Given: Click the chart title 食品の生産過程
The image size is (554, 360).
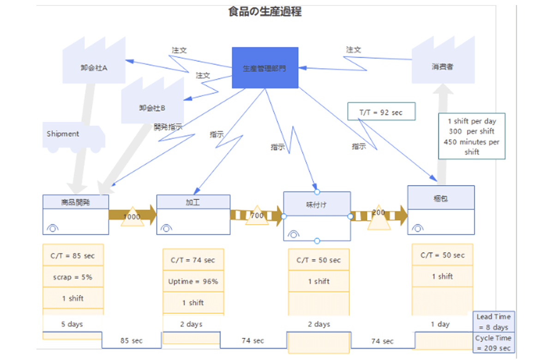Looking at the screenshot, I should tap(265, 12).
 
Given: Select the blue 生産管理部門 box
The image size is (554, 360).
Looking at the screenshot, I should tap(265, 68).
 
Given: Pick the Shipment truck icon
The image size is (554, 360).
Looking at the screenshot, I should tap(73, 136).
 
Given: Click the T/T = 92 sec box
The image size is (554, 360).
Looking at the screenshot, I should tap(381, 112).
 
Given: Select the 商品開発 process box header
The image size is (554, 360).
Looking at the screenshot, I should tap(76, 202).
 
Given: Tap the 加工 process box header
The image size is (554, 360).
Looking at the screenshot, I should tap(193, 202).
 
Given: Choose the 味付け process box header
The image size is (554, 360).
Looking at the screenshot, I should tap(317, 204).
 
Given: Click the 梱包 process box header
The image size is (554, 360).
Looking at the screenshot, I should tap(441, 198).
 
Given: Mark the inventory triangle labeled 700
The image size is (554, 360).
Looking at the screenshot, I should tap(257, 216).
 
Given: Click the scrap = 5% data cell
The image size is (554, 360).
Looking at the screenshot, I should tap(73, 276).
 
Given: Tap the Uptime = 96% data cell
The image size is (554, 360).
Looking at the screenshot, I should tap(193, 281).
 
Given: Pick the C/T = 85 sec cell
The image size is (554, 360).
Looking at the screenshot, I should tap(73, 255).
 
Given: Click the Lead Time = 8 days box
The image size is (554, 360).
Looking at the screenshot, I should tap(494, 322).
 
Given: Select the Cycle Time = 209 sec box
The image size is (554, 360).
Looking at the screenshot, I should tap(494, 343).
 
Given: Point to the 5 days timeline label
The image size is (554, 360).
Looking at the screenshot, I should tap(72, 324).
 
